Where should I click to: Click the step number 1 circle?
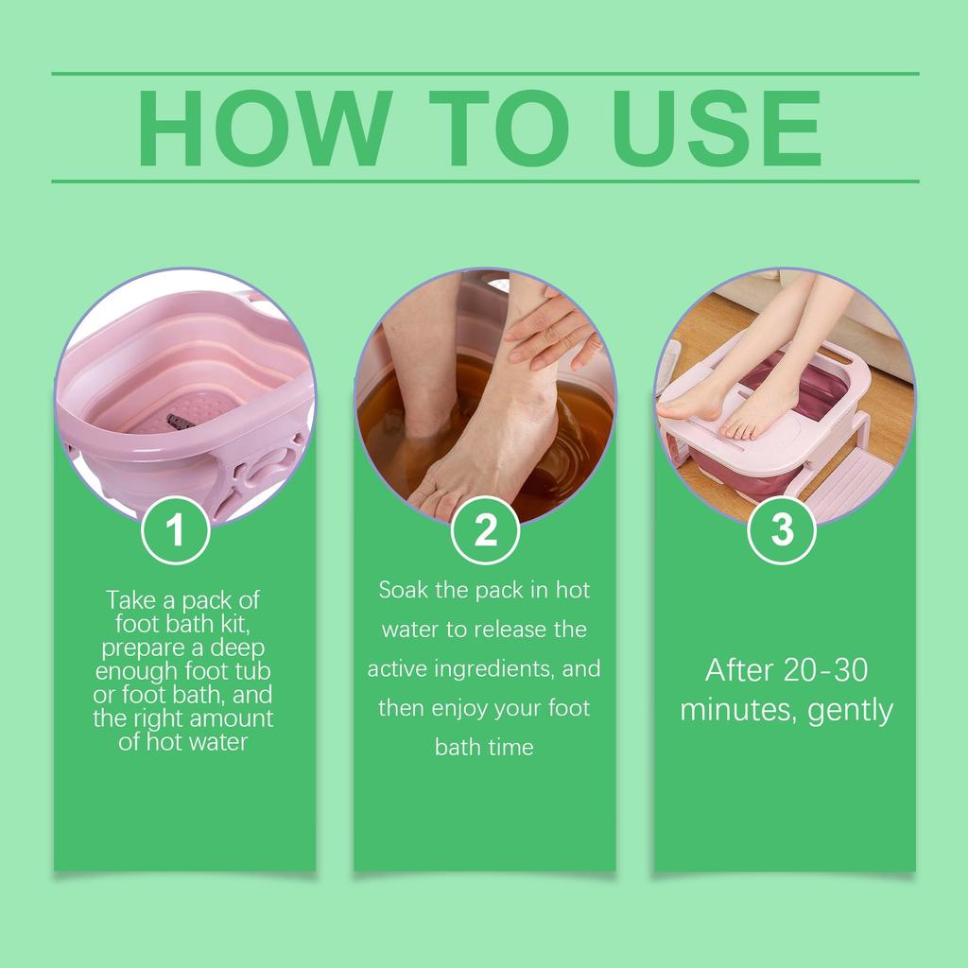click(x=176, y=530)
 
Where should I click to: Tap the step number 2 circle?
click(x=485, y=530)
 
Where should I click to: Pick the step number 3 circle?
click(x=783, y=530)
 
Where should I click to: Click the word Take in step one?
click(x=131, y=600)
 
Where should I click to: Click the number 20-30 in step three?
click(x=826, y=670)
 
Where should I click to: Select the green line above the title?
click(x=485, y=73)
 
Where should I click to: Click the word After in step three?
click(x=740, y=670)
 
